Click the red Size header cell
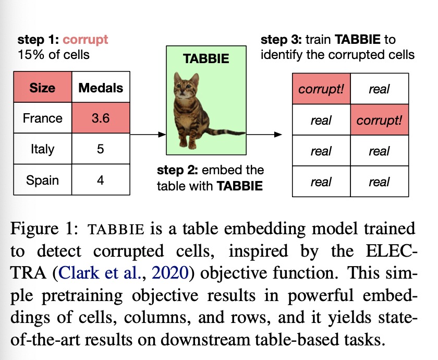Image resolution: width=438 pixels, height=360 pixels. (43, 87)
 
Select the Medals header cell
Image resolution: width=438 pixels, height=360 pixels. (101, 87)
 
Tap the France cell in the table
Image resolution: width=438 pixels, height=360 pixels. (43, 118)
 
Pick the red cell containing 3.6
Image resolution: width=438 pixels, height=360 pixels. (101, 118)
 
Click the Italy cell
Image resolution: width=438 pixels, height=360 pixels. (43, 148)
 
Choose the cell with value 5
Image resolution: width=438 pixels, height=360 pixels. (101, 148)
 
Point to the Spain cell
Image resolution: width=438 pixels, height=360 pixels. (43, 179)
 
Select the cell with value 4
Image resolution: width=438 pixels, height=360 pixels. (101, 179)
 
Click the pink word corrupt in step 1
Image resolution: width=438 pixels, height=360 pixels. (85, 40)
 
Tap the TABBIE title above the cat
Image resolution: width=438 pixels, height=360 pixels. (206, 58)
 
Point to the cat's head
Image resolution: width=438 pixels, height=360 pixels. (186, 85)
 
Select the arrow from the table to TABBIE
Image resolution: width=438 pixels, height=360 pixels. (148, 135)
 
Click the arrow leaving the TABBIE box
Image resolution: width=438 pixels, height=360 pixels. (264, 135)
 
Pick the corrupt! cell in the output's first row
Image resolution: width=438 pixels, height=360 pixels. (321, 89)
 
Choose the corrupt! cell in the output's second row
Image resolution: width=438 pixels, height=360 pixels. (380, 120)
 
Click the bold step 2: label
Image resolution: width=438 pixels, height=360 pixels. (177, 170)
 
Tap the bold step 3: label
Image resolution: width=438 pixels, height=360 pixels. (281, 40)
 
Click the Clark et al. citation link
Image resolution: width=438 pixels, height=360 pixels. (99, 272)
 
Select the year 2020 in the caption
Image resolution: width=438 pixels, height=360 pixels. (170, 272)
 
